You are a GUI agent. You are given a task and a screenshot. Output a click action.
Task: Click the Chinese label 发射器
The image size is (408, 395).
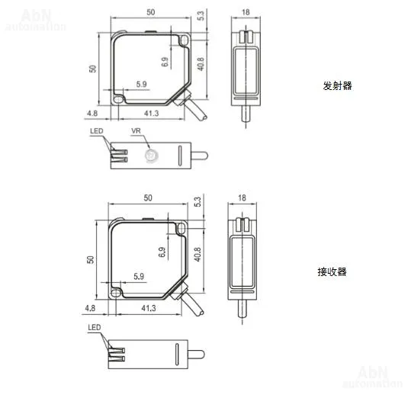[x=337, y=86]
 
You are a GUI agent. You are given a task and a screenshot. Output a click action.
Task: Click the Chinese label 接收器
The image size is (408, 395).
[x=332, y=272]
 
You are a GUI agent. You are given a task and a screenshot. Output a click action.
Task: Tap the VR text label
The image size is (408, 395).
[x=136, y=131]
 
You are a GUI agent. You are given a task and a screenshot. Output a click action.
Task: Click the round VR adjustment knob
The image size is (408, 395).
[x=151, y=156]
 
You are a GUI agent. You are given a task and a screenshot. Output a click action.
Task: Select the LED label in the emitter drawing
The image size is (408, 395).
[x=97, y=131]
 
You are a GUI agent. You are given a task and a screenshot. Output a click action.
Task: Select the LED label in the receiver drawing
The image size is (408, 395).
[x=95, y=327]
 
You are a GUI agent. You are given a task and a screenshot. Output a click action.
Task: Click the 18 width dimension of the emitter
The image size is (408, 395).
[x=246, y=12]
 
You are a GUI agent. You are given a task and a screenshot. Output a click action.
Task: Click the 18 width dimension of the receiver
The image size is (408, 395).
[x=242, y=198]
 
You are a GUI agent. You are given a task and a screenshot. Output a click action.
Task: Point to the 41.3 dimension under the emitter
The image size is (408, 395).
[x=152, y=114]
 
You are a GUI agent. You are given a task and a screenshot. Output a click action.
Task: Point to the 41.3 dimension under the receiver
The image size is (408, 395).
[x=149, y=308]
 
